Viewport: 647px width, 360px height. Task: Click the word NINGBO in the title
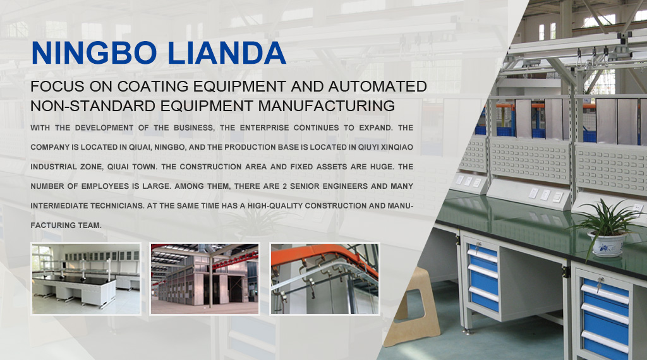(x=94, y=53)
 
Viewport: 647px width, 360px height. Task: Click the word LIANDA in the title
(x=227, y=53)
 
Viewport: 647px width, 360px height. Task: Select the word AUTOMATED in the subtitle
(x=378, y=87)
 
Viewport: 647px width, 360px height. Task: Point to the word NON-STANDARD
(x=94, y=106)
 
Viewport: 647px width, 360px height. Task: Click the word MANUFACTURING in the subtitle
(x=327, y=106)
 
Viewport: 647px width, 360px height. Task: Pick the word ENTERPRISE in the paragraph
(x=265, y=128)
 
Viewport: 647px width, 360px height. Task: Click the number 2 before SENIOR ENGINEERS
(x=285, y=186)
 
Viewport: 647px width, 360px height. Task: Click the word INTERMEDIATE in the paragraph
(x=56, y=206)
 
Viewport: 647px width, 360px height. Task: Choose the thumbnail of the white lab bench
(x=86, y=279)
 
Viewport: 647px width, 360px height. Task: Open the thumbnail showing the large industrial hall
(x=205, y=279)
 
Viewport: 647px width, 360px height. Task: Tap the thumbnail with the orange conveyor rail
(x=325, y=279)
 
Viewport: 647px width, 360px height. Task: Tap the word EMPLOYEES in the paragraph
(x=105, y=186)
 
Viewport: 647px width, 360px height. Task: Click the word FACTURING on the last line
(x=66, y=225)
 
